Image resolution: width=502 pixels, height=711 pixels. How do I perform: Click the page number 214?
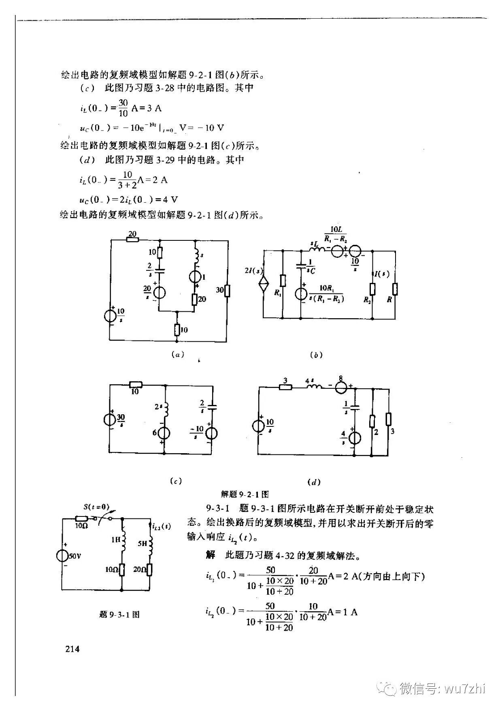[x=72, y=649]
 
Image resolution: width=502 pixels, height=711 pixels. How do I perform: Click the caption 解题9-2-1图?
[x=245, y=494]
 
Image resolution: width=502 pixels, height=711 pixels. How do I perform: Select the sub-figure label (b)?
[x=316, y=355]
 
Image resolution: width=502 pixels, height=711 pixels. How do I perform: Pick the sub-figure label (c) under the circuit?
[x=175, y=481]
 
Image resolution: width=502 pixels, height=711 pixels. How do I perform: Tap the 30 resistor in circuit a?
[x=227, y=290]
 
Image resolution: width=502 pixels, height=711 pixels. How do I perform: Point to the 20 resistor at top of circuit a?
[x=132, y=239]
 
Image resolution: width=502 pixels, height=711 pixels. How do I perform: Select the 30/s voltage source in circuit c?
[x=110, y=419]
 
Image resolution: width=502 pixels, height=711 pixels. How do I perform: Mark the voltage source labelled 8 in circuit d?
[x=340, y=386]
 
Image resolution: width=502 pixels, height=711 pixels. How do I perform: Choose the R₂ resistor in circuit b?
[x=372, y=289]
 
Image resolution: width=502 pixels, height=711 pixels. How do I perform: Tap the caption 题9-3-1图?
[x=119, y=615]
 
